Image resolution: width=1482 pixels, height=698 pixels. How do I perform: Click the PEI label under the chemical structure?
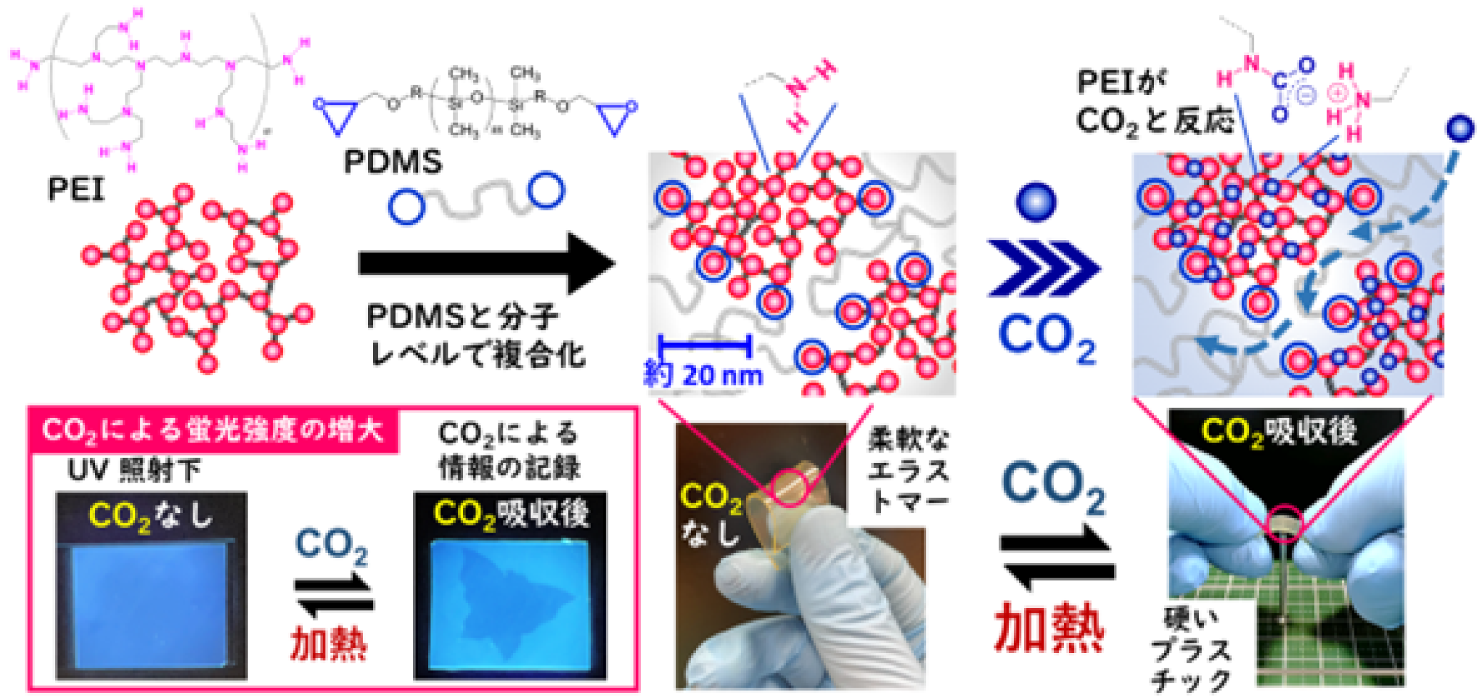75,189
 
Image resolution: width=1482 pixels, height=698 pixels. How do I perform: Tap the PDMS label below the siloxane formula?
393,162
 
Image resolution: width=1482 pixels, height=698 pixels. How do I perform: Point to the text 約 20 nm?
703,375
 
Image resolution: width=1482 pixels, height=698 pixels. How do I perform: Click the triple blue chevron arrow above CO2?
1044,268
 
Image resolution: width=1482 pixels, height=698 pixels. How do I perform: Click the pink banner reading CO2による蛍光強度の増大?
213,430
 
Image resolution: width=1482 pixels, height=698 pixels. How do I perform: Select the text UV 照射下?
133,471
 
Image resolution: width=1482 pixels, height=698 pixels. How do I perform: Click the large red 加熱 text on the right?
1049,628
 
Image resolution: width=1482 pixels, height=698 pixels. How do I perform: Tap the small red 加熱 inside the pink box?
329,642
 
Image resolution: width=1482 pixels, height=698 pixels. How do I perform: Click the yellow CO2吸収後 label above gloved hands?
1279,431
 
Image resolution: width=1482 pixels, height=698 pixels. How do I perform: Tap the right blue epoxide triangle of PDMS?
615,115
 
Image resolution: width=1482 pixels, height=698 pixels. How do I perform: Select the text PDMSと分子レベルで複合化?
475,336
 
